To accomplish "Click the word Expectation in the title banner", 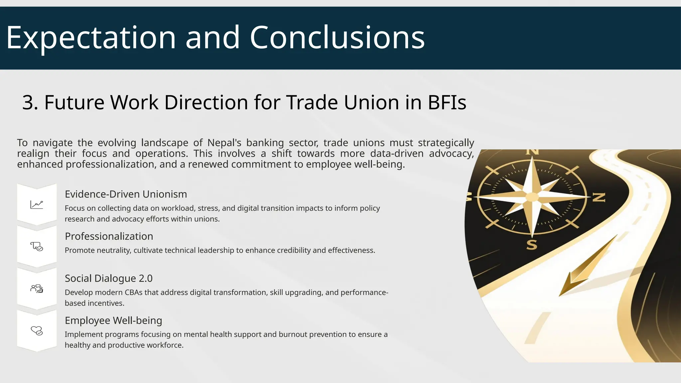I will tap(91, 38).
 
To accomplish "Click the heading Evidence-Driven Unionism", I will tap(126, 194).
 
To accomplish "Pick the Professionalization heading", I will tap(109, 236).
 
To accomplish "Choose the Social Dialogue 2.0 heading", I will tap(108, 278).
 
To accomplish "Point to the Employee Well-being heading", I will tap(113, 320).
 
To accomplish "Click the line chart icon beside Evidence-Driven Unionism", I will tap(37, 204).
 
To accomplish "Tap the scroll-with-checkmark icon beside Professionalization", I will tap(37, 246).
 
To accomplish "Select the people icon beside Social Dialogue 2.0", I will tap(37, 289).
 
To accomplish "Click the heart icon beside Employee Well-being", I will tap(37, 331).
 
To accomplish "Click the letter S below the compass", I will tap(532, 245).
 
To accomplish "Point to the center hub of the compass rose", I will tap(532, 197).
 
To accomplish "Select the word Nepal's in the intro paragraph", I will tap(224, 143).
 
